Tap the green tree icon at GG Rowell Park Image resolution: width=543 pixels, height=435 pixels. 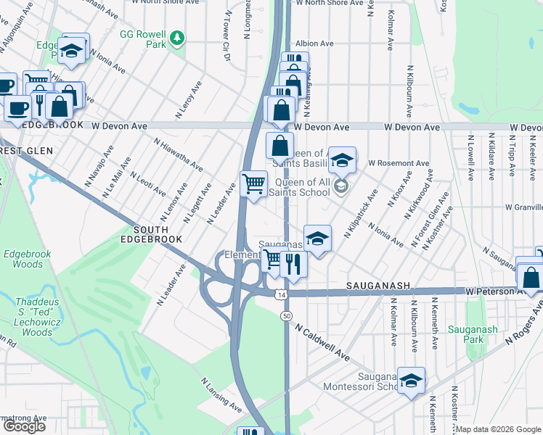click(x=176, y=36)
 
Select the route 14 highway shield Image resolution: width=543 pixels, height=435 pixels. click(x=280, y=294)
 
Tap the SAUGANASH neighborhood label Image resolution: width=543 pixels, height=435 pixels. click(x=378, y=286)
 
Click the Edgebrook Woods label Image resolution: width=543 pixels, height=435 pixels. click(x=23, y=260)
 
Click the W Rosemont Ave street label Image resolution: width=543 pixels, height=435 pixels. click(x=399, y=163)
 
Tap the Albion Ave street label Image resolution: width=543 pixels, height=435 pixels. click(x=314, y=43)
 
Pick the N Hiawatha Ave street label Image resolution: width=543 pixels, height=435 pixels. click(x=178, y=153)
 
